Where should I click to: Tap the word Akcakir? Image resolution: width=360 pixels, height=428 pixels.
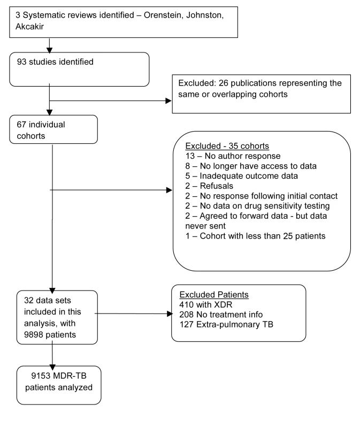(x=29, y=26)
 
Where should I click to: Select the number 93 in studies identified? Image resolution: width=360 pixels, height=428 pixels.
(x=22, y=62)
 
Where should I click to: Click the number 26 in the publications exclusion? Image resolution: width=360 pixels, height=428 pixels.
(x=223, y=83)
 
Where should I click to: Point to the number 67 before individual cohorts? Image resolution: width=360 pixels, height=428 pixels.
(x=21, y=125)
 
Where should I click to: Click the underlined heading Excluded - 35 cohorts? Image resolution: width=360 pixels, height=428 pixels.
(x=227, y=146)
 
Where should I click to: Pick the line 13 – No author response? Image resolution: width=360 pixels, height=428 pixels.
(x=233, y=156)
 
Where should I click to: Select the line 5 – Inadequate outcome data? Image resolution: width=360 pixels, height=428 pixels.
(x=242, y=176)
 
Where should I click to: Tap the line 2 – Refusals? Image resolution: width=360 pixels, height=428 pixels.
(x=209, y=186)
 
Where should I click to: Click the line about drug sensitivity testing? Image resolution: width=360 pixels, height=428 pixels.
(x=257, y=206)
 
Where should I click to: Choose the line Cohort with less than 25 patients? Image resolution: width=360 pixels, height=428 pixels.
(x=256, y=236)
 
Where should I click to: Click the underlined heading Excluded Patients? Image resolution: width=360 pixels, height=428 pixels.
(x=214, y=295)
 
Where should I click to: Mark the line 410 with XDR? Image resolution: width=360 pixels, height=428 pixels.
(x=206, y=304)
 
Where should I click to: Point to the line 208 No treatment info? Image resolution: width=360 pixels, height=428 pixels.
(x=221, y=315)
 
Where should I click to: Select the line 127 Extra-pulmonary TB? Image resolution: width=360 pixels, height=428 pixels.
(x=226, y=324)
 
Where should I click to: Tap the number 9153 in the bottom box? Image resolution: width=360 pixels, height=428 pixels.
(x=41, y=376)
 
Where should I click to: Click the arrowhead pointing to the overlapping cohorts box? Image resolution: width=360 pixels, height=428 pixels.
(x=168, y=101)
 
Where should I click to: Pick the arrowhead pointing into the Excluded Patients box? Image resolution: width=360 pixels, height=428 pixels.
(x=170, y=314)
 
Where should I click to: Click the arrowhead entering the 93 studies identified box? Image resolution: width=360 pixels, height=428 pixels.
(x=49, y=50)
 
